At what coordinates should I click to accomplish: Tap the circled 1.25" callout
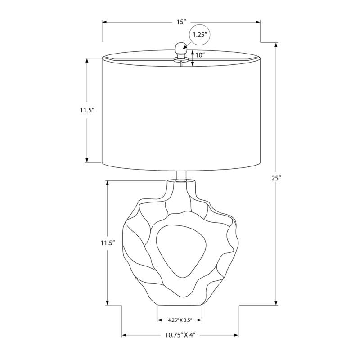[200, 35]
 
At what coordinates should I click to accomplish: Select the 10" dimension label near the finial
[201, 56]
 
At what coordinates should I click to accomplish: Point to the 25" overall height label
[276, 178]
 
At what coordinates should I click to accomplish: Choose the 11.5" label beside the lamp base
[108, 243]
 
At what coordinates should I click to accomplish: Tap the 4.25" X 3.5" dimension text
[180, 320]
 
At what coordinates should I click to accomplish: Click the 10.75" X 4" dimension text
[180, 335]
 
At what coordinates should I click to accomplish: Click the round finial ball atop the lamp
[181, 47]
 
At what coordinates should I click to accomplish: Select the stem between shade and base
[181, 175]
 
